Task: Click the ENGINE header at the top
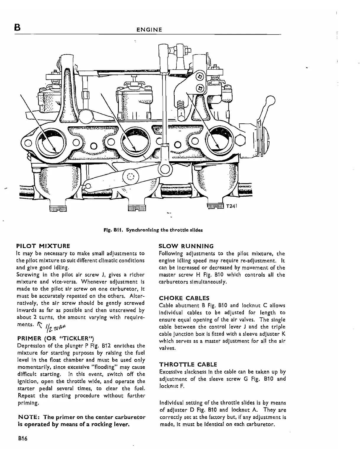tap(149, 30)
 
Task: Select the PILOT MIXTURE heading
tap(43, 246)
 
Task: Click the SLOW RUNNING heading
tap(186, 246)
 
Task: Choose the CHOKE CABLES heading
tap(184, 298)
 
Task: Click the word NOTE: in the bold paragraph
tap(29, 417)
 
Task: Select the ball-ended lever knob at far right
tap(270, 101)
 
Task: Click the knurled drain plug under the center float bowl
tap(137, 208)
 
